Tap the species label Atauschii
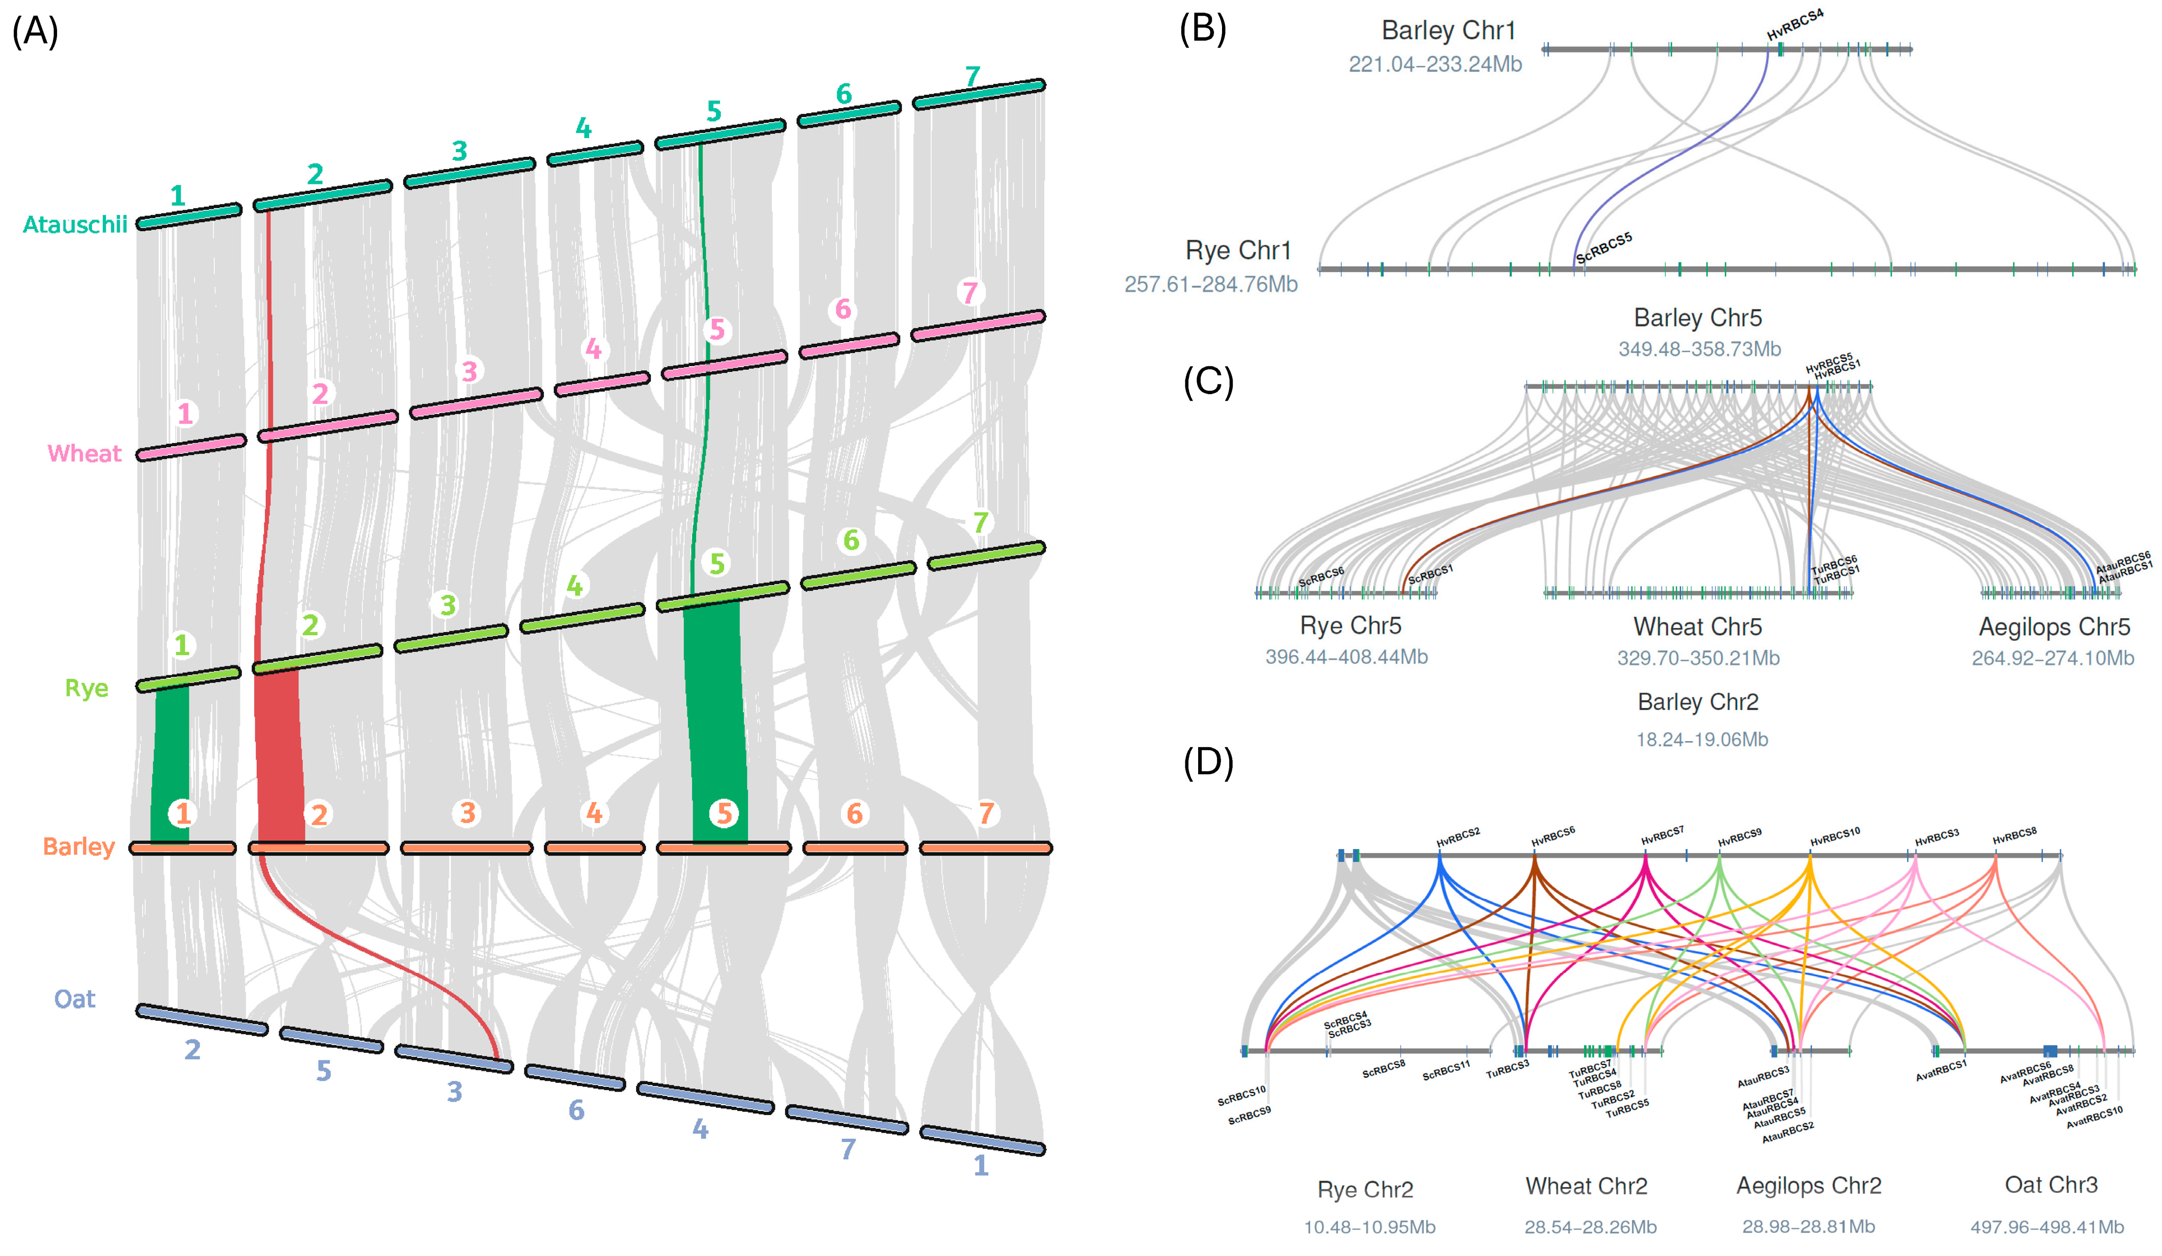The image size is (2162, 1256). click(x=75, y=225)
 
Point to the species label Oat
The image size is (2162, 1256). click(x=75, y=999)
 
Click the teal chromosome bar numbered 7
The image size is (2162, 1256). click(x=978, y=94)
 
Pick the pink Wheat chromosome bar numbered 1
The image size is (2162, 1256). click(x=190, y=447)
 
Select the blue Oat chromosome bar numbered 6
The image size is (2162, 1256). click(x=575, y=1078)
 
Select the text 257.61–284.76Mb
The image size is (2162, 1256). click(x=1210, y=284)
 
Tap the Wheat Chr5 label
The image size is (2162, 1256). click(x=1697, y=626)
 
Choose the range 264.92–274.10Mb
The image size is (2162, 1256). click(x=2052, y=658)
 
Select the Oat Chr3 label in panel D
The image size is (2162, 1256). click(x=2050, y=1185)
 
